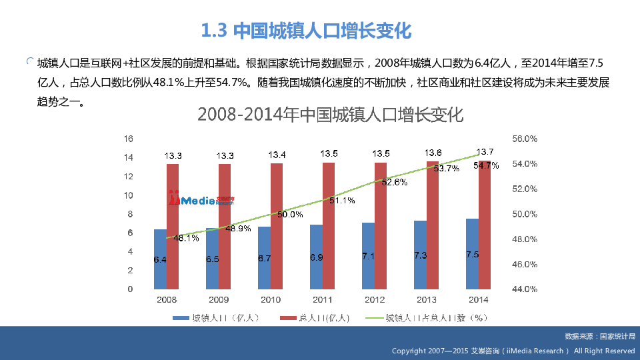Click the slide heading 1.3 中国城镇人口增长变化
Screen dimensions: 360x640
[x=307, y=31]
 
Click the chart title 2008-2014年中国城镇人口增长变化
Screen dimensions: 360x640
[x=330, y=115]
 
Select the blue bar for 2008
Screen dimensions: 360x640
[x=160, y=259]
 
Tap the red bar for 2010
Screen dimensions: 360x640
[x=277, y=226]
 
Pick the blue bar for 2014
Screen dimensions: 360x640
[x=472, y=254]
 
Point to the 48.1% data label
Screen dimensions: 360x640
[x=186, y=238]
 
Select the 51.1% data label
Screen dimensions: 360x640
[x=342, y=200]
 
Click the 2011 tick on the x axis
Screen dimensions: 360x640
[x=322, y=300]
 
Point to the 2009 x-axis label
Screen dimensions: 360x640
[x=218, y=300]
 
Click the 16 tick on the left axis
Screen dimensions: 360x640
[x=129, y=139]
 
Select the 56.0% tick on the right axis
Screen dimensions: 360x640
[x=525, y=139]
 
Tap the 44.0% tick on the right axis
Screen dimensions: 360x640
[x=525, y=289]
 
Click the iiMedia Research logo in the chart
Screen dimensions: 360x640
[x=201, y=199]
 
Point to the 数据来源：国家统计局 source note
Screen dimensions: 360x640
[x=599, y=337]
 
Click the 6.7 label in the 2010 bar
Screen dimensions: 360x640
[x=264, y=258]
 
